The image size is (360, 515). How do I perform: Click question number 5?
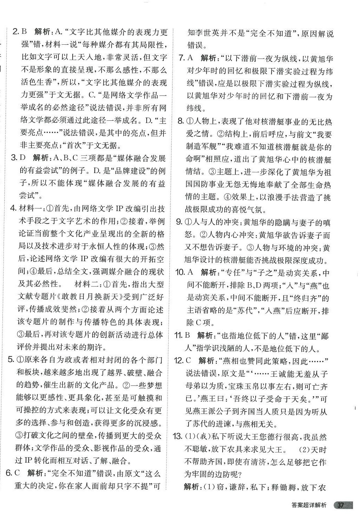click(11, 360)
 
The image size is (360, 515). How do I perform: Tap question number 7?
click(181, 58)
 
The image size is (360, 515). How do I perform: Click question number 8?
click(181, 121)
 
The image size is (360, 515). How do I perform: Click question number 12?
click(178, 360)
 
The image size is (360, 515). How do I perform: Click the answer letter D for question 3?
click(23, 158)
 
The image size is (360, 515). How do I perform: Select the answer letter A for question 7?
click(190, 58)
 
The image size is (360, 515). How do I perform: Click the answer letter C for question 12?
click(189, 360)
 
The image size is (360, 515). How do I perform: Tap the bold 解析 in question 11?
click(206, 335)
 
